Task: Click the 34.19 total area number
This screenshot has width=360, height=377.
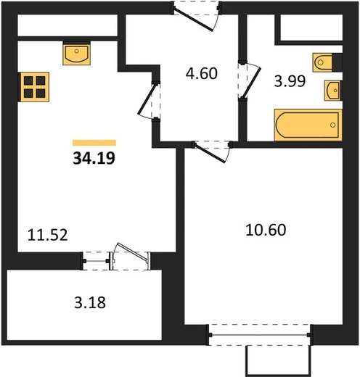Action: pos(94,159)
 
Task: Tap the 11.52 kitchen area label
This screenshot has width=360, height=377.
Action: pos(47,235)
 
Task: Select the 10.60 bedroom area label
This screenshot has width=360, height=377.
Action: pos(266,230)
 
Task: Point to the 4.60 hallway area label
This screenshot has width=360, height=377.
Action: pos(202,73)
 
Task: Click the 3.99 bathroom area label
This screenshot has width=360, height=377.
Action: pos(290,81)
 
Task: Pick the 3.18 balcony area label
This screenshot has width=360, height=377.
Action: pos(90,302)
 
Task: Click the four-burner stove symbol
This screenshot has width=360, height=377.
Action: pos(35,87)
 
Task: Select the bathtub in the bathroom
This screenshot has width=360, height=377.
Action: pos(308,125)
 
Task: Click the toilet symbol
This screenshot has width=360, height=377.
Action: pos(322,62)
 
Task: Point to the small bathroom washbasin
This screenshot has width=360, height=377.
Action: pos(332,91)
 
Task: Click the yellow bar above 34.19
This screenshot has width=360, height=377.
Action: pos(94,143)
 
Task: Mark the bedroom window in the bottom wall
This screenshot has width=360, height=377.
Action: pos(259,335)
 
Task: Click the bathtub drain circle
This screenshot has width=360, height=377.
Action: pos(333,125)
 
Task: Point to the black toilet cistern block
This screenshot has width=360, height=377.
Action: pos(337,62)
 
